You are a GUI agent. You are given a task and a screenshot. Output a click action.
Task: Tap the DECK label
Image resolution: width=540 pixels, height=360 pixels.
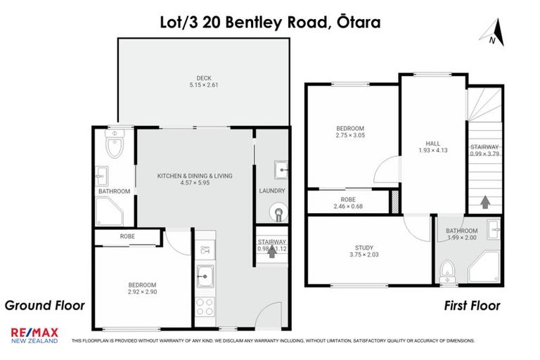204,78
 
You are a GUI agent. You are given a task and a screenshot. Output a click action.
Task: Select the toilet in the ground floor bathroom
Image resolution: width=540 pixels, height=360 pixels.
113,146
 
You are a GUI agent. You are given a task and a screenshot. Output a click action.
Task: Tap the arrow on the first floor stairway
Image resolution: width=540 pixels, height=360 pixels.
484,202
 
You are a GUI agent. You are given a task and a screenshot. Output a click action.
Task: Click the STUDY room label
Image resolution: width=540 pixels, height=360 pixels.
364,247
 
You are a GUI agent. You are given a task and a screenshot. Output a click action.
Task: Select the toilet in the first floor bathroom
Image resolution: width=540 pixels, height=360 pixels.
445,270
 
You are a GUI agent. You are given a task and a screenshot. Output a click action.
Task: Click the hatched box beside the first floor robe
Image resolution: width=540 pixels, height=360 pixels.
394,200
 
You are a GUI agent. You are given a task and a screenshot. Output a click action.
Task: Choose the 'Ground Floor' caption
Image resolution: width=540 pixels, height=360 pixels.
45,306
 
